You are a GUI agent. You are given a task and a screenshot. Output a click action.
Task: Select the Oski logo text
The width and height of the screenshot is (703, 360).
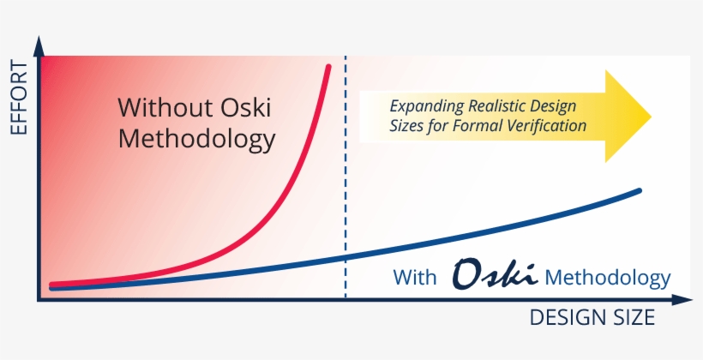(495, 275)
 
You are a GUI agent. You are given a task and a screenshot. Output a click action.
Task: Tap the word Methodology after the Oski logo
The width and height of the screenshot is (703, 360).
(607, 278)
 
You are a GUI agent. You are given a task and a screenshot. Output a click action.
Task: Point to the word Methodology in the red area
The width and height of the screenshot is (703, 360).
(196, 139)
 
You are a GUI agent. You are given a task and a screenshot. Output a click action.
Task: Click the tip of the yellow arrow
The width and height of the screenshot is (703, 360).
(651, 116)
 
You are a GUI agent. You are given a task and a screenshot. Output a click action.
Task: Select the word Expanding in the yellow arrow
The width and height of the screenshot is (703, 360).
(427, 106)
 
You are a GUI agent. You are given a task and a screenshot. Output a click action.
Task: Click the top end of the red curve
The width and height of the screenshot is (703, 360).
(329, 65)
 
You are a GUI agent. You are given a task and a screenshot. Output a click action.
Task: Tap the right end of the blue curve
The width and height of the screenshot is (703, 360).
(640, 190)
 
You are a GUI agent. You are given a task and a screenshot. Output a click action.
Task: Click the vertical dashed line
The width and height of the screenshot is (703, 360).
(345, 171)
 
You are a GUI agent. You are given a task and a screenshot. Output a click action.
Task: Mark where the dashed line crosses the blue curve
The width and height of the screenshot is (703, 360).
(345, 257)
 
